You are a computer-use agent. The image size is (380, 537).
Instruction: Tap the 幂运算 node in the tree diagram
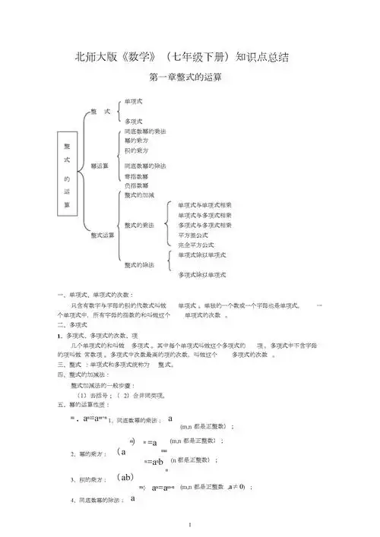click(x=100, y=165)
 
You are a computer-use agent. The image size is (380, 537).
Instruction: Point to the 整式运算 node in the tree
click(x=103, y=235)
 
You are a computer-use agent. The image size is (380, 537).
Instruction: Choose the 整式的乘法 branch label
click(x=139, y=225)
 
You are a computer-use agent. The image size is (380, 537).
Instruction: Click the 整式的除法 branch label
click(x=139, y=264)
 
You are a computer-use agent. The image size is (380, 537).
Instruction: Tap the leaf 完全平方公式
click(x=195, y=245)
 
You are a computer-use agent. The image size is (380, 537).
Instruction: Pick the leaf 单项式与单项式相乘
click(x=204, y=205)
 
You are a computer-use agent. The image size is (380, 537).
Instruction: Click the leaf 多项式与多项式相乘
click(x=204, y=225)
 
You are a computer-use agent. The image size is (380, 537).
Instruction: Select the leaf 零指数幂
click(x=136, y=175)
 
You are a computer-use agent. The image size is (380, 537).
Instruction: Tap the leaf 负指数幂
click(x=136, y=185)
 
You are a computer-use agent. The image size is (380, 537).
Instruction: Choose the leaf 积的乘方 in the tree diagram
click(x=136, y=150)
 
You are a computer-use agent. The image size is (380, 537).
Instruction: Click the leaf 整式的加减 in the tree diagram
click(x=139, y=195)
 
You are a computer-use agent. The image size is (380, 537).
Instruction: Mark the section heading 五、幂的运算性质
click(x=80, y=405)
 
